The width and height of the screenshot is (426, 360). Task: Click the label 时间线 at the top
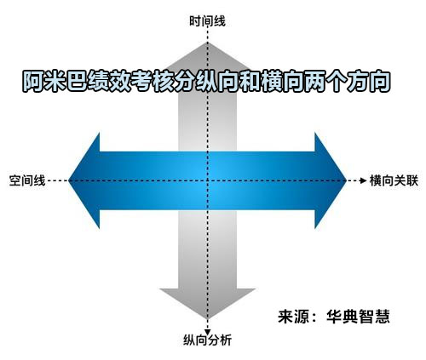207,21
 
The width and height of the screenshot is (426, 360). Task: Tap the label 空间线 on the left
27,180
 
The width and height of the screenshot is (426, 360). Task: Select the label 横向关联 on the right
394,180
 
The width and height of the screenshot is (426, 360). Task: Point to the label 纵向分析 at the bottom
207,340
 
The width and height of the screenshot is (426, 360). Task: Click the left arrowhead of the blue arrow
84,180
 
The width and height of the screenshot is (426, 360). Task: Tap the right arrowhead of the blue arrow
331,180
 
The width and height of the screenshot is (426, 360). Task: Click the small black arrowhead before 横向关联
363,180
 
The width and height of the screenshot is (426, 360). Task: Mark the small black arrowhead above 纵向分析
208,332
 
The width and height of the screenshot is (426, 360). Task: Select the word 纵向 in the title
217,82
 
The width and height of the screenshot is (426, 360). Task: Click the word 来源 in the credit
294,316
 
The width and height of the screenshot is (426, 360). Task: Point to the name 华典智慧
358,316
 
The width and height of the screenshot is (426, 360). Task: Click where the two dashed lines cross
208,180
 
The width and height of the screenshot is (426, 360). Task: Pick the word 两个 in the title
325,82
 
